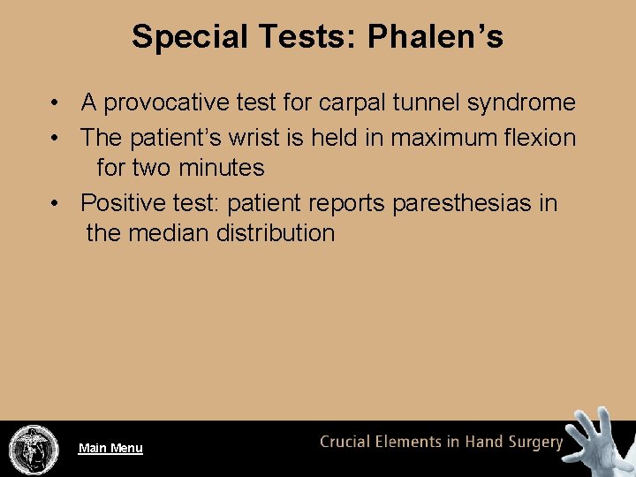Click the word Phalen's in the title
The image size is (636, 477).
tap(435, 37)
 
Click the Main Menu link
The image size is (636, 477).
tap(110, 448)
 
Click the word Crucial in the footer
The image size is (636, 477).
tap(346, 442)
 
